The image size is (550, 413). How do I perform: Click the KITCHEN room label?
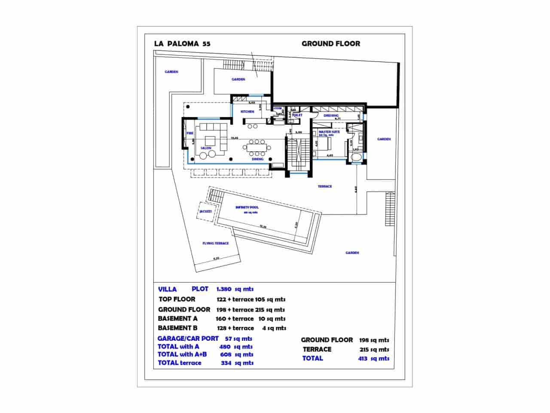(247, 112)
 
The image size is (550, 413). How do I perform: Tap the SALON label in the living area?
(205, 148)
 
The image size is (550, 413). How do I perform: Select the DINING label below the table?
(257, 159)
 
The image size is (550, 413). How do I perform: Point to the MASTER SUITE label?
(330, 132)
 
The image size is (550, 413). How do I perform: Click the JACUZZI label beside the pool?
(205, 211)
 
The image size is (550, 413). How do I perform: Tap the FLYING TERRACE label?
(215, 243)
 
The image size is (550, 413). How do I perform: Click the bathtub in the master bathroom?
(356, 158)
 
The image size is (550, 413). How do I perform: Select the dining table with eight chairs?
(257, 148)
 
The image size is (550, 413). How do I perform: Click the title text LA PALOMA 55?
(182, 43)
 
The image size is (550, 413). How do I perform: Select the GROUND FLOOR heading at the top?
(330, 43)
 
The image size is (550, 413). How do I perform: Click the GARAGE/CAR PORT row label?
(188, 339)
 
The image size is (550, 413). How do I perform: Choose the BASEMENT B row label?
(178, 328)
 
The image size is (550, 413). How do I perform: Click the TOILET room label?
(297, 115)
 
